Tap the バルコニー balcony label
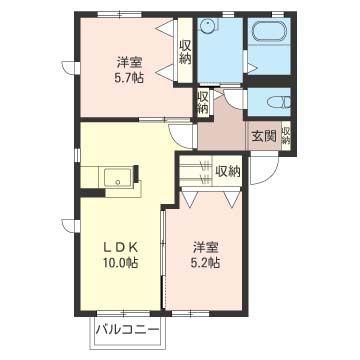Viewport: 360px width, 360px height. coord(127,327)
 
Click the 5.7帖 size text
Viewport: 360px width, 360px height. coord(126,76)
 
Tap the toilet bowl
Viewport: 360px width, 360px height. coord(278,104)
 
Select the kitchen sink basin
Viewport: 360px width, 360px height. coord(119,181)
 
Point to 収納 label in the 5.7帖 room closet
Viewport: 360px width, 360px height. coord(185,52)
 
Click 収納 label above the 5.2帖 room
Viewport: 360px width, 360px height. coord(228,171)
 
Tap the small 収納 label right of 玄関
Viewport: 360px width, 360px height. coord(286,135)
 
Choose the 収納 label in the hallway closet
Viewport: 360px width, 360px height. coord(203,103)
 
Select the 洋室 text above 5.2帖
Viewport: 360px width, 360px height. coord(207,245)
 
